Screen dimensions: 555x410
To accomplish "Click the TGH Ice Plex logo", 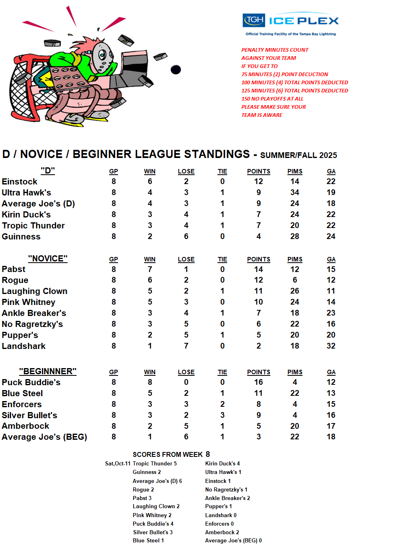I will (x=291, y=20).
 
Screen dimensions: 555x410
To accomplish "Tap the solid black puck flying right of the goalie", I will (x=175, y=70).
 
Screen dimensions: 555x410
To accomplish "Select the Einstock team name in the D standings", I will (x=20, y=182).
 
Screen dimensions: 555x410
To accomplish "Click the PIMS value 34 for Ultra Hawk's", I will (x=295, y=192).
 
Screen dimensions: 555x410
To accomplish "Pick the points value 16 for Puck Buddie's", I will (x=259, y=382).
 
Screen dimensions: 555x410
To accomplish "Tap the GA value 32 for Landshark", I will (x=331, y=346).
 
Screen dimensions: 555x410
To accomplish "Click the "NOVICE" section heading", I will (x=48, y=259).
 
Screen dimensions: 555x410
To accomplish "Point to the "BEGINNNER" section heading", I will (x=48, y=371).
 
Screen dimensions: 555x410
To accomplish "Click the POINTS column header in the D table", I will (x=259, y=171).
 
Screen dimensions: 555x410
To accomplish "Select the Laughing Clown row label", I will (x=35, y=291).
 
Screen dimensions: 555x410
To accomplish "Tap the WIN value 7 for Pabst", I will (x=150, y=269).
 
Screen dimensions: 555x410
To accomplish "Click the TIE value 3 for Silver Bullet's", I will (x=222, y=415).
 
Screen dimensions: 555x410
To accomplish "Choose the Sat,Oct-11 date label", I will (x=118, y=463).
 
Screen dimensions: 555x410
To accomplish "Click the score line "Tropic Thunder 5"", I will (x=155, y=463).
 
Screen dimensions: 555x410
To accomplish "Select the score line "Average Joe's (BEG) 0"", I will (x=233, y=540).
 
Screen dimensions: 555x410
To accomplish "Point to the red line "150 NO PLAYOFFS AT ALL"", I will (x=272, y=99).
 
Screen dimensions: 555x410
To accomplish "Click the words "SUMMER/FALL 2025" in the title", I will (x=298, y=155).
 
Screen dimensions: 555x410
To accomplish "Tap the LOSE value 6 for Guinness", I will (x=186, y=236).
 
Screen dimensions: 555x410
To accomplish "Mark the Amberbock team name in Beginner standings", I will (x=26, y=426).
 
